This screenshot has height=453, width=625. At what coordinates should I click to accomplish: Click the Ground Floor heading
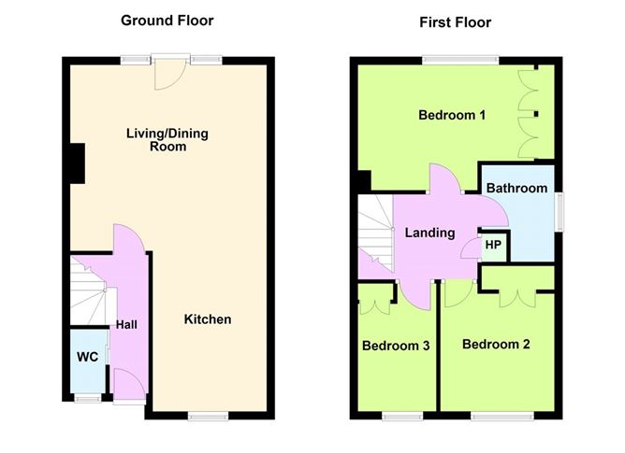coord(167,20)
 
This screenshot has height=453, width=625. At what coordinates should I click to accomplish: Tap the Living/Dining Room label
coord(167,140)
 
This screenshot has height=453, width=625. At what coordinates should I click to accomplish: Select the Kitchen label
coord(207,319)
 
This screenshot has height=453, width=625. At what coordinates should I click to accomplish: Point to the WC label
coord(88,357)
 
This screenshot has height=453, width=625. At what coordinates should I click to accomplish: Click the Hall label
coord(126,325)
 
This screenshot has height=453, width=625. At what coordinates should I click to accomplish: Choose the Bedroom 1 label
coord(452,116)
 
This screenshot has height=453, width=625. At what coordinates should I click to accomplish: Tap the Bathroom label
coord(516,188)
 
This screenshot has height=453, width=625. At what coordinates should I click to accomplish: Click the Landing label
coord(429,233)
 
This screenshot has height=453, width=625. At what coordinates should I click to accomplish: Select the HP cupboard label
coord(492,246)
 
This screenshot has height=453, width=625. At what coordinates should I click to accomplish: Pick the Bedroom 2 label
coord(496,344)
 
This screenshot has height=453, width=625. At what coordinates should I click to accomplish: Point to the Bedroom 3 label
coord(396,346)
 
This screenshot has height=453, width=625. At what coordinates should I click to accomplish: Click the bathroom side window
coord(560,211)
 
